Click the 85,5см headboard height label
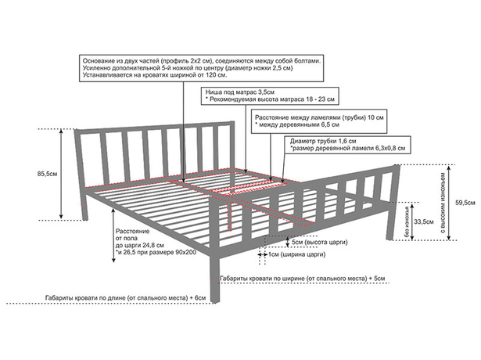(47, 174)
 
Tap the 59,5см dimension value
(465, 203)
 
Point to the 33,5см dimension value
(424, 221)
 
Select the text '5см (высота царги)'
(320, 242)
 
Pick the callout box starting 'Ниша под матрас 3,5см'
(270, 95)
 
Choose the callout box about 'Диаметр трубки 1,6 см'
(347, 145)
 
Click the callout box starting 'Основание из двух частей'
(202, 68)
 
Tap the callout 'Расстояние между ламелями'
(319, 121)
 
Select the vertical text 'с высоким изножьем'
(443, 203)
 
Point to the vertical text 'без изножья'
(407, 222)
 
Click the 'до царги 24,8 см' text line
(139, 245)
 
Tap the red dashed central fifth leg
(229, 215)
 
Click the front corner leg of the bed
(215, 279)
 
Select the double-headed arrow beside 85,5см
(61, 174)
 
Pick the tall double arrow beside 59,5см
(449, 203)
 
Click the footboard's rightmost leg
(389, 223)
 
